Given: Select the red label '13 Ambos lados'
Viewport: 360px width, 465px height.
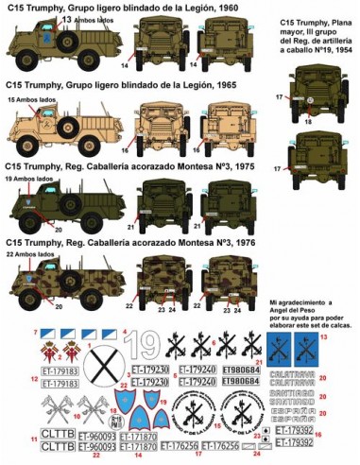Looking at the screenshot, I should click(53, 19).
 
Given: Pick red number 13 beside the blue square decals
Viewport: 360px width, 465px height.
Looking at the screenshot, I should click(351, 336).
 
